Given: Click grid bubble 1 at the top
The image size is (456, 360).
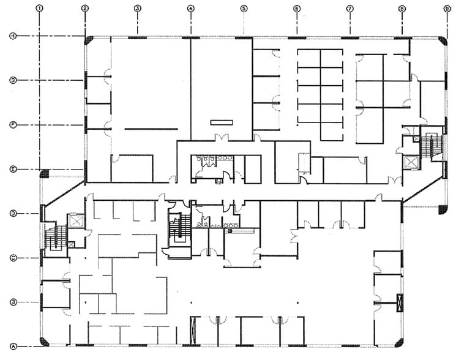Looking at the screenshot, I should point(40,9).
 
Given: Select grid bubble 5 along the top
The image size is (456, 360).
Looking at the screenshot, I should point(244,9).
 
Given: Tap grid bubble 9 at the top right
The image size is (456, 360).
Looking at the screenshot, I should point(447,9).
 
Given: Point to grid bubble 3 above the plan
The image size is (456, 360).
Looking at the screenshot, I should point(137,9).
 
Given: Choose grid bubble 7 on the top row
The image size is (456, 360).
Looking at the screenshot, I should point(349,9).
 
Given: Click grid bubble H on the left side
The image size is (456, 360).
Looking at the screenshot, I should point(13,36).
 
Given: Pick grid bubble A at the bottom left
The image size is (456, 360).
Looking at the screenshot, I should point(13,347).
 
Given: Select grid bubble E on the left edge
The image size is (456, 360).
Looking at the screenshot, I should point(13,170).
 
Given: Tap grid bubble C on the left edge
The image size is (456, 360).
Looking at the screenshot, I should point(13,258).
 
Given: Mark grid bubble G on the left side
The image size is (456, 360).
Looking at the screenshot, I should point(13,80).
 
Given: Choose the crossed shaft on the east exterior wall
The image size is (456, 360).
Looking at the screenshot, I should point(400,303).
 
